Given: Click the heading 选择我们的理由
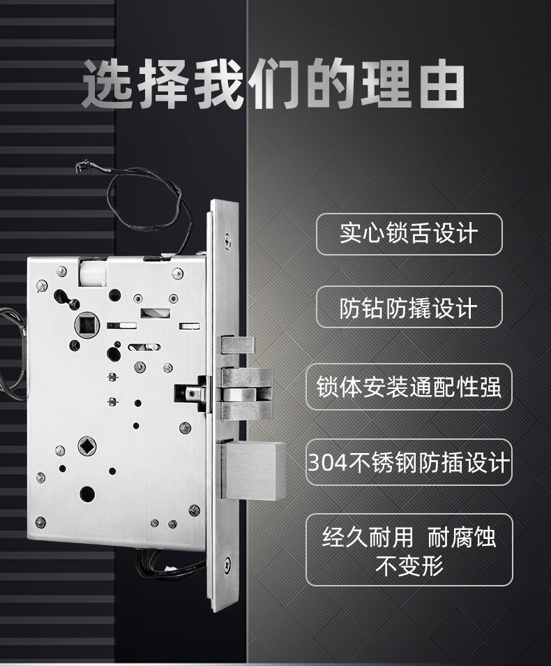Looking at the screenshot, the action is point(273,84).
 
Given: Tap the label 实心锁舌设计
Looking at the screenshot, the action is point(409,233).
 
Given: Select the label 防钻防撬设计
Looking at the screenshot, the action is point(409,307).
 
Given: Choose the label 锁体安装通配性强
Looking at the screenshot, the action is point(409,387).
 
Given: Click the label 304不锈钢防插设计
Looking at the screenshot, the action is point(409,462).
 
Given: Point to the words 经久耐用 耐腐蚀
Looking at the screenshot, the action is point(409,537).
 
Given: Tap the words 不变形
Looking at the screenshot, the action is point(409,565).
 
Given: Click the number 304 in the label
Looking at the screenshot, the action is point(327,463).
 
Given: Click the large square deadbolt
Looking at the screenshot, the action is point(253,470).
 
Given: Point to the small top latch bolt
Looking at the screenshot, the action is point(238,345).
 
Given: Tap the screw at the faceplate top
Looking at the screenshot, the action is point(228,240).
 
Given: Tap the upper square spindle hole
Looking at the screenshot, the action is point(87,325).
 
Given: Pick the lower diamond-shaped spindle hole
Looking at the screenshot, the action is point(87,446).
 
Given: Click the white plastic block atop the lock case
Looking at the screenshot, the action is point(92,272).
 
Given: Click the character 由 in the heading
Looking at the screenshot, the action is point(442,84).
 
